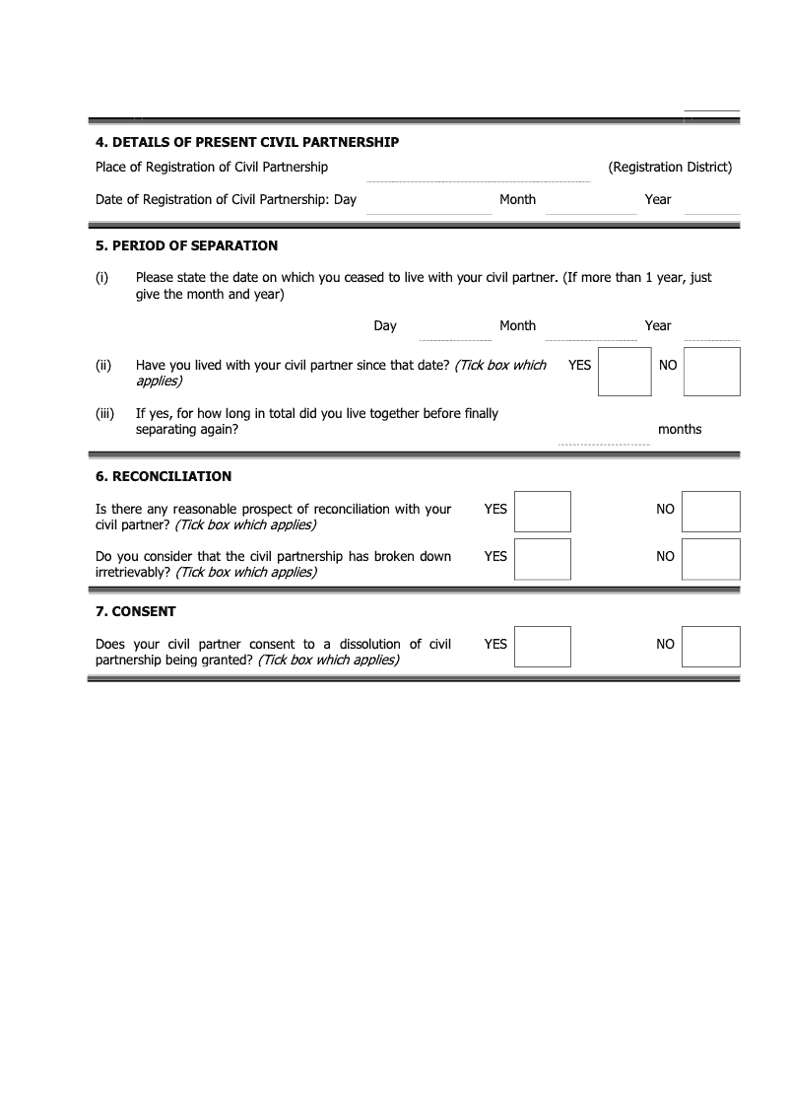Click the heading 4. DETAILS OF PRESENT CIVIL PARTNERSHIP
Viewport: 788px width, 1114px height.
coord(247,142)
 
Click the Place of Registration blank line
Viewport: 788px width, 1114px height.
coord(479,174)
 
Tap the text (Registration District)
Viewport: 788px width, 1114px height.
coord(670,168)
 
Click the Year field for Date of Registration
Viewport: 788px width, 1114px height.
coord(712,205)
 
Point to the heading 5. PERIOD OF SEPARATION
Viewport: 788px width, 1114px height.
coord(187,245)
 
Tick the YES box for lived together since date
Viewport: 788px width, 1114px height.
coord(625,372)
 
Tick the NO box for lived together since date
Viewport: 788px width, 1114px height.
coord(711,372)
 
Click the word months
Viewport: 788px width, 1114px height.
coord(680,430)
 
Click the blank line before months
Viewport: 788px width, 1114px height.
coord(604,437)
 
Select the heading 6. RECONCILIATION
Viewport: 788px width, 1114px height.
coord(164,476)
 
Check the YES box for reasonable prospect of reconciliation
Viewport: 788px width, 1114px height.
coord(543,512)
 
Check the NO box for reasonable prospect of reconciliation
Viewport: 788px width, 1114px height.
coord(711,512)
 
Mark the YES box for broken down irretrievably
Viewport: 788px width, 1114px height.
coord(543,559)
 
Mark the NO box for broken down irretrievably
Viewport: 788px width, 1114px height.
coord(711,559)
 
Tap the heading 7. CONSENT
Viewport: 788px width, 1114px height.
coord(136,611)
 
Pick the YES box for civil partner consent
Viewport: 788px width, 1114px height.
coord(543,647)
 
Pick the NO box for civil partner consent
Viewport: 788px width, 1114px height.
coord(711,647)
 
